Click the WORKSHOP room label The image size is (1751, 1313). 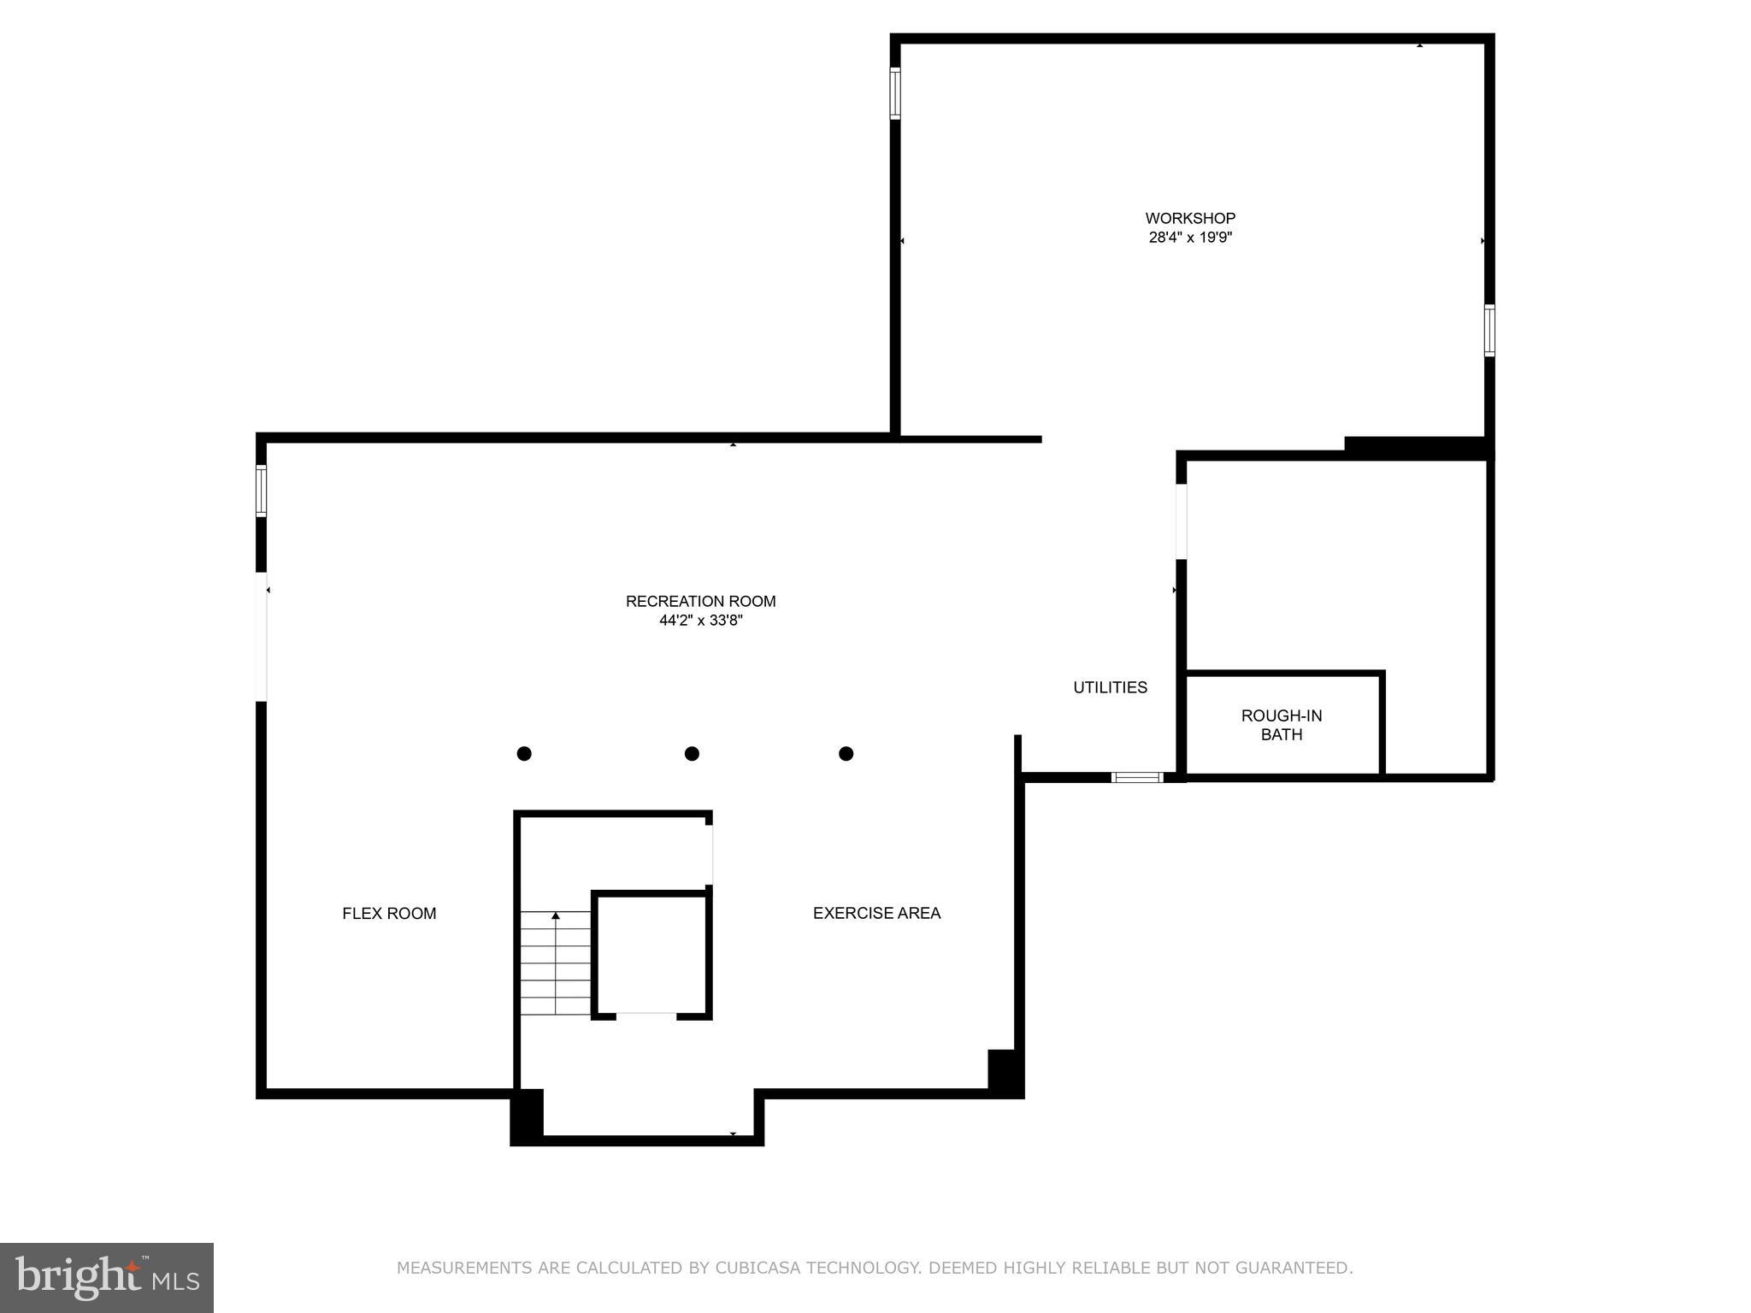point(1190,218)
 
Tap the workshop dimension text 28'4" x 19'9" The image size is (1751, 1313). point(1190,238)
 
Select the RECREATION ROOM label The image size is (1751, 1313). point(700,601)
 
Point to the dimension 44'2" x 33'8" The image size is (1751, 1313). point(700,621)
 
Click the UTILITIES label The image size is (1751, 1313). point(1110,687)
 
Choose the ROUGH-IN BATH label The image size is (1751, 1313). point(1282,725)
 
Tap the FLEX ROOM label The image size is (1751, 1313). point(389,913)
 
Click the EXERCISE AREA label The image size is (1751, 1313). point(876,913)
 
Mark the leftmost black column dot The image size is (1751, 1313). point(524,753)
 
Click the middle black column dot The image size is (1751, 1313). point(692,753)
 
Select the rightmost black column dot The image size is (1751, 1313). point(846,753)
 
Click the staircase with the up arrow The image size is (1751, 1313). point(556,963)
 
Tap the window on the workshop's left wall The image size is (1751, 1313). point(895,93)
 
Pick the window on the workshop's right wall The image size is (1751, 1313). point(1489,331)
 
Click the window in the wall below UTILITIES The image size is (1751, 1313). point(1137,777)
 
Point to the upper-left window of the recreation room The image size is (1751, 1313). point(261,491)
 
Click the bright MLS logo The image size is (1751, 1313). point(107,1277)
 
